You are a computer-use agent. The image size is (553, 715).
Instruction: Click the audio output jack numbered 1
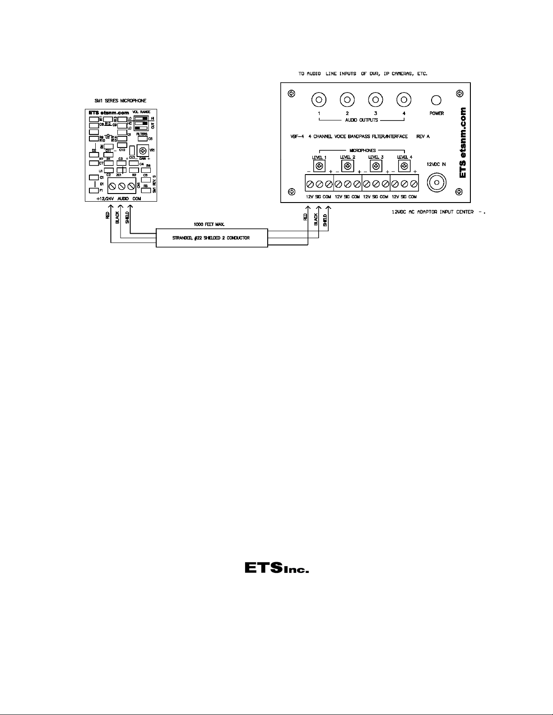(319, 99)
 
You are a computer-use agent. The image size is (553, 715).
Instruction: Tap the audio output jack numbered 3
(375, 99)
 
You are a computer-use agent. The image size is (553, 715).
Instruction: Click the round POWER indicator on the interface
(436, 100)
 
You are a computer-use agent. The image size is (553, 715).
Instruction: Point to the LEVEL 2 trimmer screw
(348, 166)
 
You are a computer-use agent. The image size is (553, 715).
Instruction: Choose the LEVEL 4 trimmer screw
(404, 166)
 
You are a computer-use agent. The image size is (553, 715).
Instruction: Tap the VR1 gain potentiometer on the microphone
(143, 151)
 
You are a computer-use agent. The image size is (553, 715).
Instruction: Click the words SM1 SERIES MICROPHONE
(120, 101)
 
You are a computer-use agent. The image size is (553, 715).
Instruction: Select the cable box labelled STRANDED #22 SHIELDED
(212, 238)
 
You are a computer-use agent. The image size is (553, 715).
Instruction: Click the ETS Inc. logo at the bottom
(276, 567)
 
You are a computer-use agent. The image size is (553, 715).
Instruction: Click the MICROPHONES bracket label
(362, 151)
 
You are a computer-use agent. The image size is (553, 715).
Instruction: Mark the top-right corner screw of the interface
(459, 93)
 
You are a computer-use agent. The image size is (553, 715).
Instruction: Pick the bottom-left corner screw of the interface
(292, 190)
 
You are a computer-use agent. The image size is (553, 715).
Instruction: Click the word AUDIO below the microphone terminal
(123, 198)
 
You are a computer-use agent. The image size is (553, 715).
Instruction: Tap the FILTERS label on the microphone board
(142, 134)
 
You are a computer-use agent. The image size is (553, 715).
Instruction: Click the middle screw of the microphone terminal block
(122, 186)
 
